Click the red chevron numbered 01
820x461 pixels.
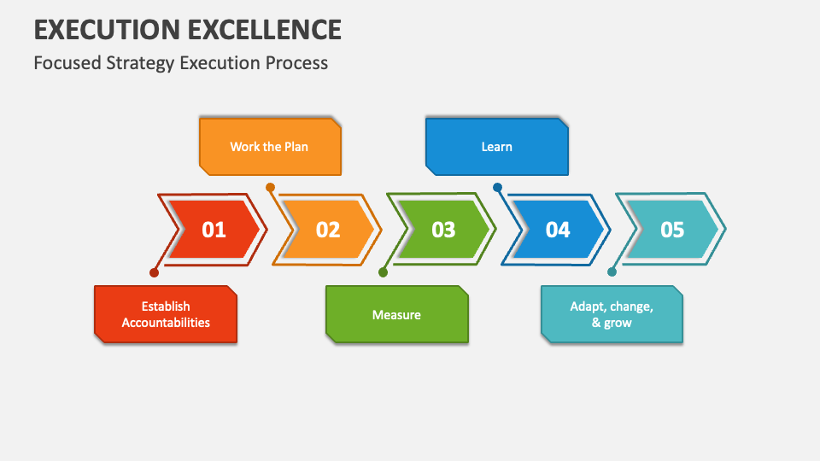[214, 230]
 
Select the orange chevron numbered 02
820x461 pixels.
[328, 230]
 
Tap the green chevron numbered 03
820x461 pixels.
[443, 230]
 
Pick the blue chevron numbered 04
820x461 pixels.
[558, 230]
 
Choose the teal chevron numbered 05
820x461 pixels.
[672, 230]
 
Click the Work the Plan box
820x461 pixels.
[270, 147]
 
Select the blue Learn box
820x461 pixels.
[496, 147]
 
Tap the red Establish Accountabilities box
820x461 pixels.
[166, 314]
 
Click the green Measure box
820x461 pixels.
[396, 314]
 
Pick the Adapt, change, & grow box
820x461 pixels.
[612, 314]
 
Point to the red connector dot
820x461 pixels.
[154, 273]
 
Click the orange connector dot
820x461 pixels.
[270, 187]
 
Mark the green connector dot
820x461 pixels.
[383, 273]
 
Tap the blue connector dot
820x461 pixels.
[497, 187]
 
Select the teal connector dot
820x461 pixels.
[612, 273]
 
